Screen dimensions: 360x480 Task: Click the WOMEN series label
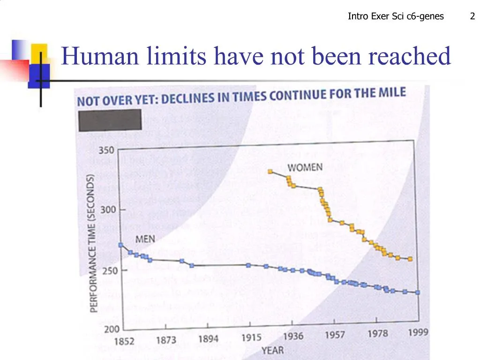(305, 167)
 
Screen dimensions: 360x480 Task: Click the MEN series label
(145, 239)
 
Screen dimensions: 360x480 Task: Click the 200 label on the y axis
(112, 329)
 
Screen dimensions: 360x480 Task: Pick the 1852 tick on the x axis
(124, 341)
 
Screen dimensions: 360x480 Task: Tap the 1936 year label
(293, 336)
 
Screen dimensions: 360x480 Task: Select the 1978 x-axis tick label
(378, 334)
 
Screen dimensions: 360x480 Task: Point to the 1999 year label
(418, 332)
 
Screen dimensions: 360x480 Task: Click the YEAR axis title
(272, 350)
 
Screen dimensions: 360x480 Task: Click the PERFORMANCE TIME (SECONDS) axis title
(92, 243)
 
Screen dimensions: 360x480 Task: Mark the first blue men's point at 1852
(121, 245)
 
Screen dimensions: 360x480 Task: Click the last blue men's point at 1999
(418, 292)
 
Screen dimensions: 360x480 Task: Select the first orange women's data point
(270, 171)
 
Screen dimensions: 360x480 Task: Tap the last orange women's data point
(410, 259)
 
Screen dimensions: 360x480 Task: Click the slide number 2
(472, 17)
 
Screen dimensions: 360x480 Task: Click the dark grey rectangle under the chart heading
(109, 120)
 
